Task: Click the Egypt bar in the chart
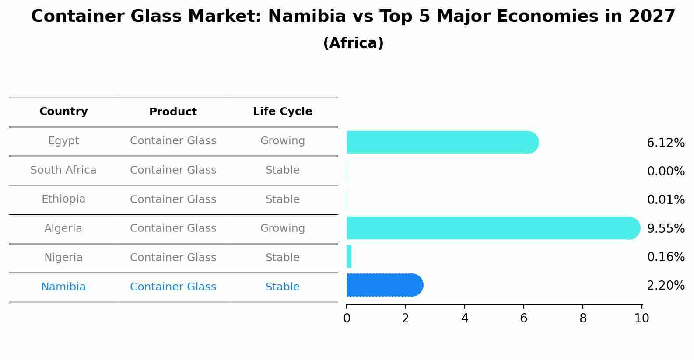(442, 142)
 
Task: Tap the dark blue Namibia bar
(384, 285)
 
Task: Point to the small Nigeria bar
(349, 256)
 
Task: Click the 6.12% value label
(666, 143)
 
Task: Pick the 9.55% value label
(666, 228)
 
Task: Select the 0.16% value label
(666, 257)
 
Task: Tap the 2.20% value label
(666, 286)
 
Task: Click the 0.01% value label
(666, 200)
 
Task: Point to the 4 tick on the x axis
(465, 318)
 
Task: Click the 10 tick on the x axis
(641, 318)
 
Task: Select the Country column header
(63, 112)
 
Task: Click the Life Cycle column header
(282, 112)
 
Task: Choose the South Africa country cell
(63, 170)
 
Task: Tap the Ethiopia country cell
(63, 199)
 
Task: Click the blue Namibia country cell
(63, 287)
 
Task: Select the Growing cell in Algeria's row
(282, 228)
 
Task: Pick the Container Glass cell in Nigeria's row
(173, 258)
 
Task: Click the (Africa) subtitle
(353, 43)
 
